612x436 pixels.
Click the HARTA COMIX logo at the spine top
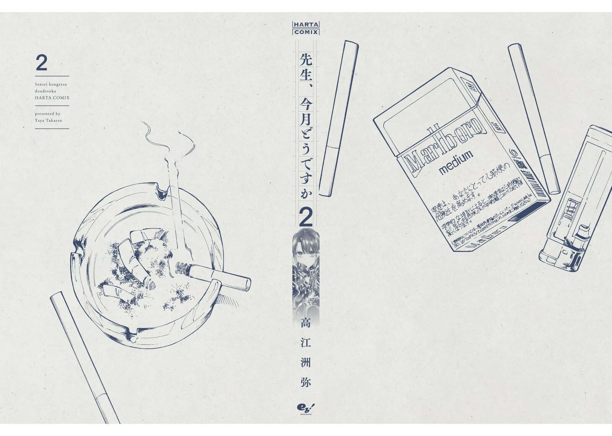pyautogui.click(x=306, y=28)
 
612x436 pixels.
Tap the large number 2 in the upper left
pyautogui.click(x=41, y=63)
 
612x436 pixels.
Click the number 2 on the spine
pyautogui.click(x=306, y=217)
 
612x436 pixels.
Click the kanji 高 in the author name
pyautogui.click(x=306, y=323)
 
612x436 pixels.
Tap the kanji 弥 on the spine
pyautogui.click(x=306, y=382)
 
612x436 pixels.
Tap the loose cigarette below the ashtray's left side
pyautogui.click(x=84, y=356)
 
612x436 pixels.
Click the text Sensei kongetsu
pyautogui.click(x=51, y=84)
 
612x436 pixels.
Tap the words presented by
pyautogui.click(x=47, y=113)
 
